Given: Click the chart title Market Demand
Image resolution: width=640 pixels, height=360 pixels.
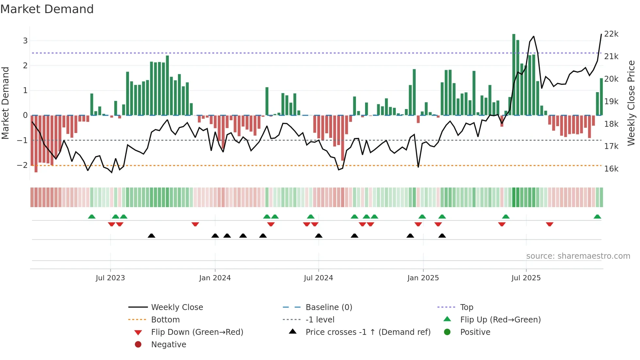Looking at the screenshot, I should click(47, 9).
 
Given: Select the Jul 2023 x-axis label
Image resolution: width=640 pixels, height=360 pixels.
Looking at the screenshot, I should click(110, 278).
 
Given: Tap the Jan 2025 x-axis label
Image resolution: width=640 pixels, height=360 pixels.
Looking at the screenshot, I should click(423, 278).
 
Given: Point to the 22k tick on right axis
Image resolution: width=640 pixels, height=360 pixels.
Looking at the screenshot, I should click(611, 34).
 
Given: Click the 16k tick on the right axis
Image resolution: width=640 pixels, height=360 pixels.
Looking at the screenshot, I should click(611, 169).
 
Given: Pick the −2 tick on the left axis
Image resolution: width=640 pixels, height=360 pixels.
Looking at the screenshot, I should click(23, 165).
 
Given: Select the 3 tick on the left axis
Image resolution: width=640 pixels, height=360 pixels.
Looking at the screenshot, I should click(25, 41).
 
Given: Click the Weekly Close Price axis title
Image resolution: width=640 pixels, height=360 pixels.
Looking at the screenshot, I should click(631, 103).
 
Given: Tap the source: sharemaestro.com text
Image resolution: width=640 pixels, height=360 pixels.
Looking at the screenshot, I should click(578, 256).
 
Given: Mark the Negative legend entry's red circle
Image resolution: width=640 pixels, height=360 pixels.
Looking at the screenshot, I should click(138, 345).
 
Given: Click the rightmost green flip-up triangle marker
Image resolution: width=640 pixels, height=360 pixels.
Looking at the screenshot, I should click(597, 217).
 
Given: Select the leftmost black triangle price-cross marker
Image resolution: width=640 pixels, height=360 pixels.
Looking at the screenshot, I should click(152, 236).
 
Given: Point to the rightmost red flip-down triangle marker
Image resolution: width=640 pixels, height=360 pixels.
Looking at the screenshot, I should click(550, 224).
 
